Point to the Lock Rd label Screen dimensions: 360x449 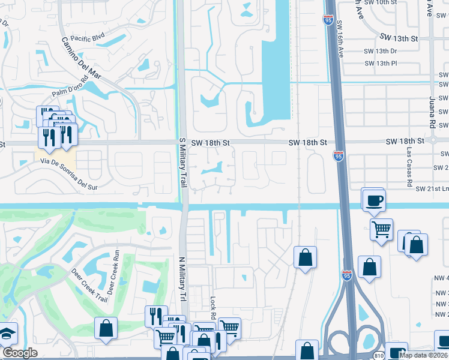213,307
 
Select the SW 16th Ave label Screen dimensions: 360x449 340,39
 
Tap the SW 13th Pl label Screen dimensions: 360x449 381,63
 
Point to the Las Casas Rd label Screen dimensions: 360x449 409,163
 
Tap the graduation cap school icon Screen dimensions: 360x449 7,334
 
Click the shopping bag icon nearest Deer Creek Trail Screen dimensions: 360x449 106,328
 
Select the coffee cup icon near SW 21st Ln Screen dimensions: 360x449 373,199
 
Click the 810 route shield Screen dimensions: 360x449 379,355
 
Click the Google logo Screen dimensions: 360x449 20,353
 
